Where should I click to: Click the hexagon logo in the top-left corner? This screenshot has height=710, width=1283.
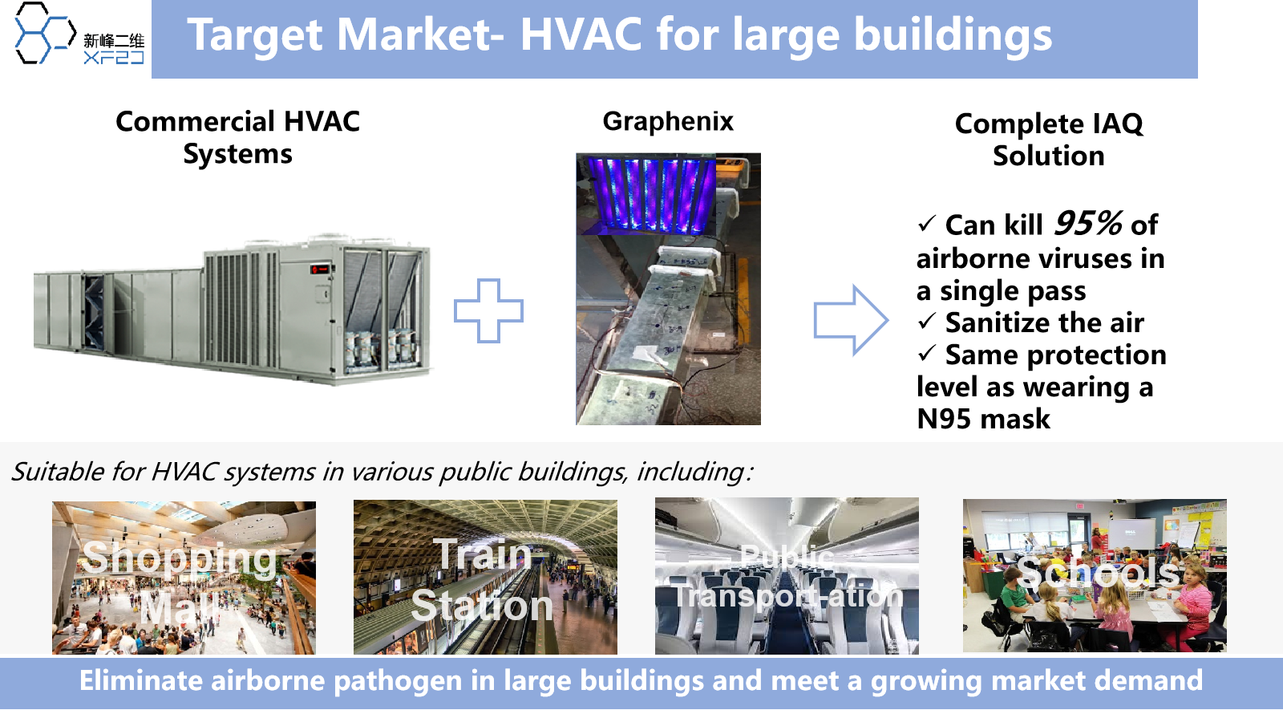tap(45, 33)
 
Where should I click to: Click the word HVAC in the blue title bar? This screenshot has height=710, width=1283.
tap(581, 34)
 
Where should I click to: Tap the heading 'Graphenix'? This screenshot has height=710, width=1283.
tap(668, 122)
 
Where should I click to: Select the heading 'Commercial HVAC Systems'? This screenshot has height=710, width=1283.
tap(237, 137)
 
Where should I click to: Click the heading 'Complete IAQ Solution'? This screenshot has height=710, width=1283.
tap(1049, 140)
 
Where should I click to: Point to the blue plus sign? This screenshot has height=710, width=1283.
tap(488, 311)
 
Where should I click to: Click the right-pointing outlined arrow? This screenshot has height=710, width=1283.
tap(851, 320)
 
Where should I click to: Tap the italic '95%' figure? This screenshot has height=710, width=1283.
tap(1087, 223)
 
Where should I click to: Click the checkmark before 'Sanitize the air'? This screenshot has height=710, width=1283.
tap(927, 321)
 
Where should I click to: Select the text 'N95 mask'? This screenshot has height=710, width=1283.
tap(983, 419)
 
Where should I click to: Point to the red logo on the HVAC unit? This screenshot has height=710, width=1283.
tap(319, 268)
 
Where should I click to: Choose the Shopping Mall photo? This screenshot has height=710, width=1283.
tap(184, 578)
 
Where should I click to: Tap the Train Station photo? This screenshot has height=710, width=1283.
tap(485, 577)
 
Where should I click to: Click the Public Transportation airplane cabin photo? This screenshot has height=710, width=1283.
tap(787, 576)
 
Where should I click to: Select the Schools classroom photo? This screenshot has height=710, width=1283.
tap(1095, 575)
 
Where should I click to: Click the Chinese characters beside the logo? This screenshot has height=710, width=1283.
tap(114, 41)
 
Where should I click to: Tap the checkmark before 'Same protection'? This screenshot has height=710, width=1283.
tap(927, 353)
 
